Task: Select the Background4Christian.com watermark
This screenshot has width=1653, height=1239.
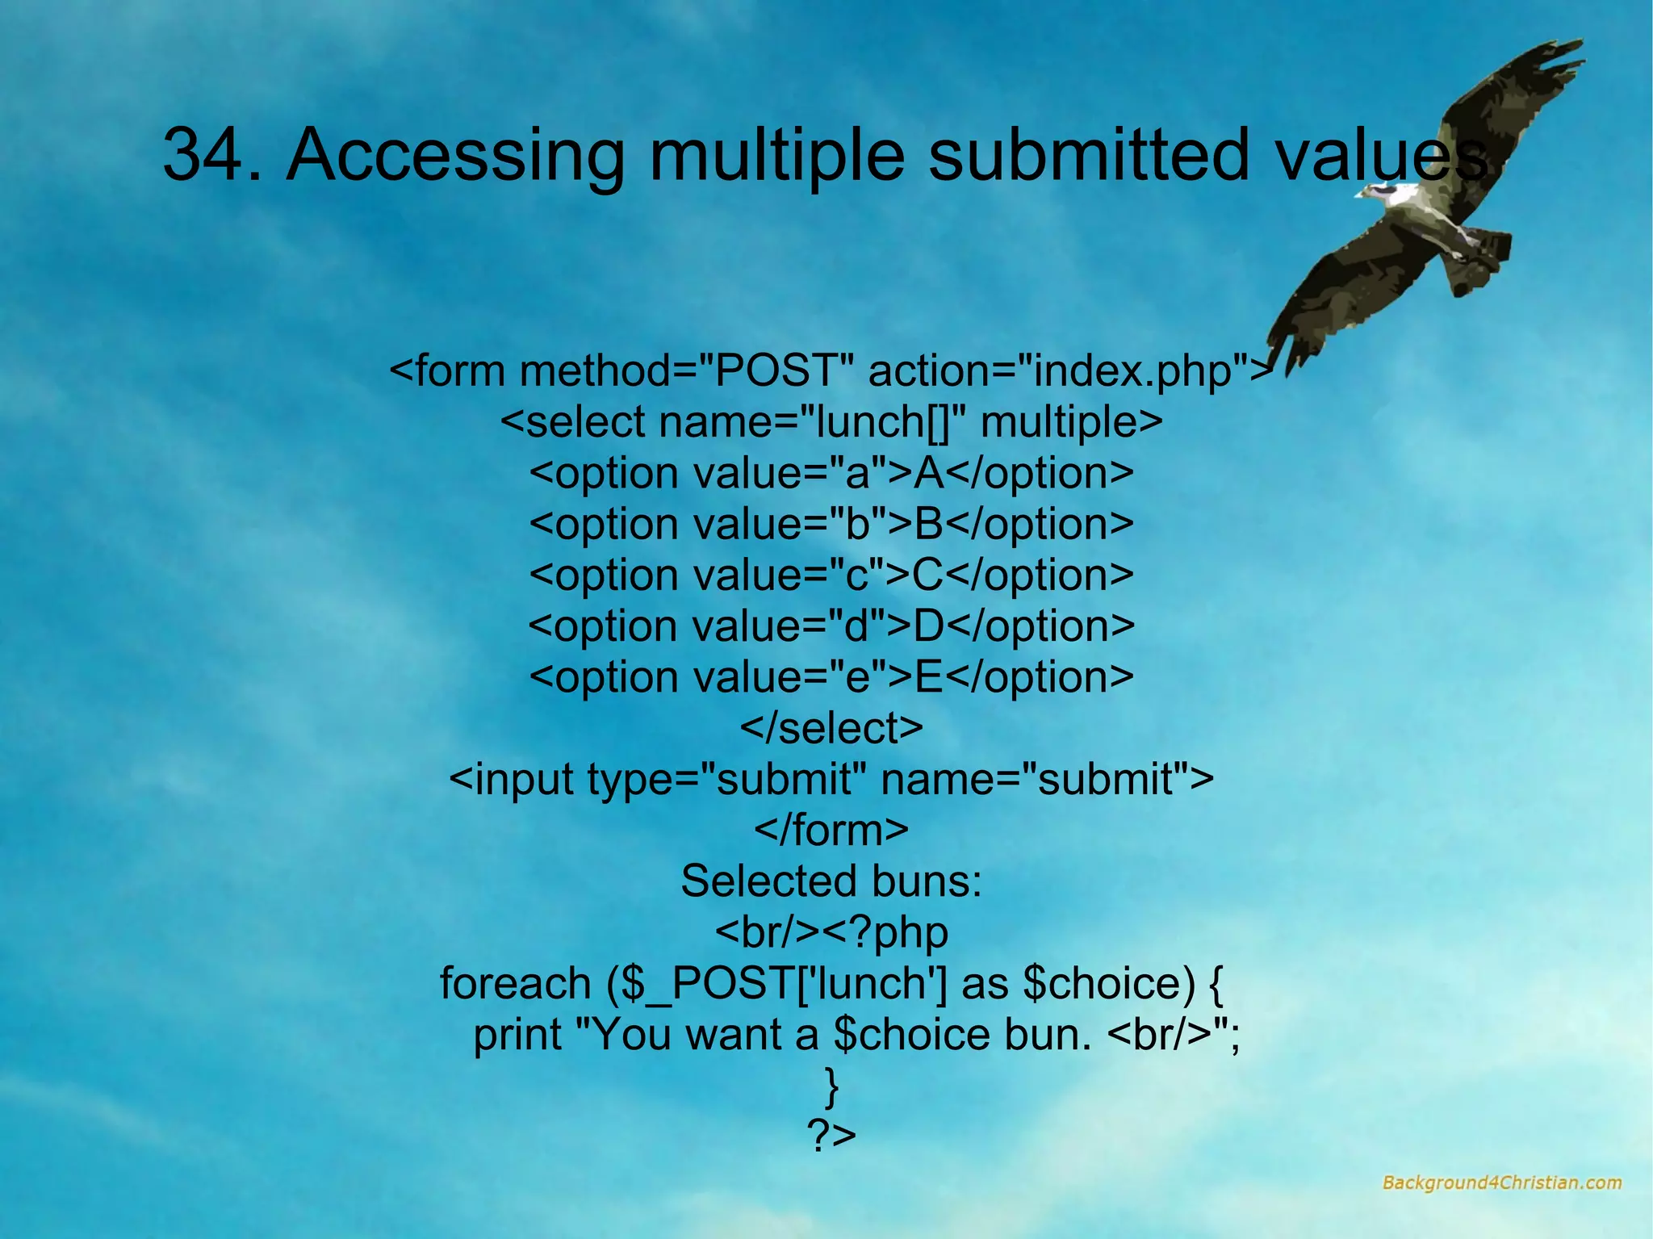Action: (1501, 1182)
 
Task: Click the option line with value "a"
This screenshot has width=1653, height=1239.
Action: (831, 473)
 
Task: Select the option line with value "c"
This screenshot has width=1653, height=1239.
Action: (831, 576)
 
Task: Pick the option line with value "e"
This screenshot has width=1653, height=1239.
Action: (831, 677)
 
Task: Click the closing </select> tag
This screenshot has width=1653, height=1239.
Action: (831, 728)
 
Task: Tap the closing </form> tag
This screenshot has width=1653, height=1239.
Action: (831, 830)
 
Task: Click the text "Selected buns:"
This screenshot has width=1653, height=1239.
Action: (831, 881)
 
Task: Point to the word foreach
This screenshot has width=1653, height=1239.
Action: (515, 983)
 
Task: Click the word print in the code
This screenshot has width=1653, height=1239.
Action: (517, 1035)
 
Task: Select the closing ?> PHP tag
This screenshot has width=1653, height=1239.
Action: (831, 1136)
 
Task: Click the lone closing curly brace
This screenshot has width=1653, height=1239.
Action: (831, 1086)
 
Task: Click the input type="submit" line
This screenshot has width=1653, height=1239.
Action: (831, 779)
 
